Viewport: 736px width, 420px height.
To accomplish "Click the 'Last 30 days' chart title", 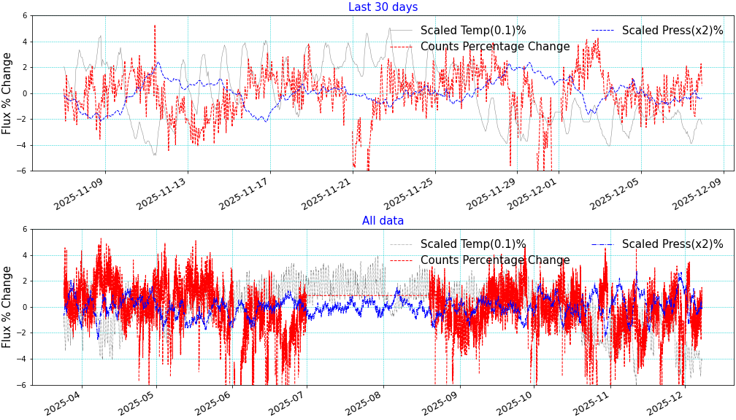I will coord(383,7).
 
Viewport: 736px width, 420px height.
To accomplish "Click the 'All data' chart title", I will coord(383,220).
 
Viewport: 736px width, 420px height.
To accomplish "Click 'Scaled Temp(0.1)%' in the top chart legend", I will coord(472,31).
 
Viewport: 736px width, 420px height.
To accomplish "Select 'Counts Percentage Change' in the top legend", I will coord(495,47).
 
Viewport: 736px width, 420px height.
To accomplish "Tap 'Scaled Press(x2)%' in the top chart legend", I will coord(672,31).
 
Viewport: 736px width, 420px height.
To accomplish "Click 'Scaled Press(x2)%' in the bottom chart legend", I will coord(672,244).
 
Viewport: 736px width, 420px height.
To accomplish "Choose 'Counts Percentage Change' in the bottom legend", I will coord(495,260).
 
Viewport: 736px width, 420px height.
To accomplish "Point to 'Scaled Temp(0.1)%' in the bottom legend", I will coord(472,244).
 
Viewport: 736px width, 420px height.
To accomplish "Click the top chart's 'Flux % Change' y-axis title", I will coord(7,93).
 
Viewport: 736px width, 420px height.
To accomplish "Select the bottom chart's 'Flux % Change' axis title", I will coord(7,306).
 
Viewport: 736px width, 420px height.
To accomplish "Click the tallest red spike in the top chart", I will coord(155,26).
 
